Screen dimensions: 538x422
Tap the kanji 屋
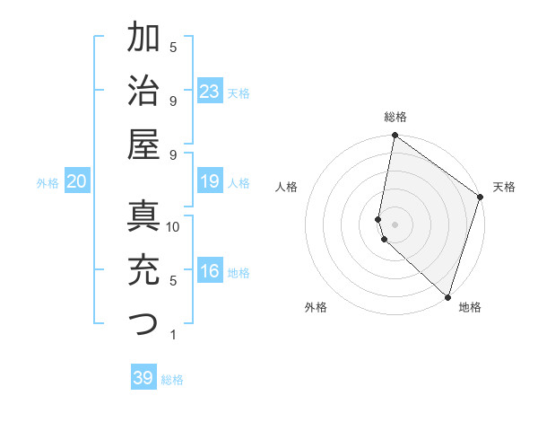tap(144, 143)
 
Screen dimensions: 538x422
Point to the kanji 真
tap(144, 216)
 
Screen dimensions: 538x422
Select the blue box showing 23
tap(210, 91)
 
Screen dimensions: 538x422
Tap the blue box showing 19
tap(210, 181)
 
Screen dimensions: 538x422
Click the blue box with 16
tap(210, 271)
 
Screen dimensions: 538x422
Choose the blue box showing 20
tap(76, 181)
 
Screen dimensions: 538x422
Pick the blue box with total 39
tap(143, 378)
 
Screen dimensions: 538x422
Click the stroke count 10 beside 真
tap(174, 227)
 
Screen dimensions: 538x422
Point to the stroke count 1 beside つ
tap(172, 335)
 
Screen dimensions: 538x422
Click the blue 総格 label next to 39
tap(172, 380)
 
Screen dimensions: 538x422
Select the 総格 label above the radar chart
tap(395, 117)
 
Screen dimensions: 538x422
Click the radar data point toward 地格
tap(447, 297)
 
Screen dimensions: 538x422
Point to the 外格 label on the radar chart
tap(316, 307)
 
